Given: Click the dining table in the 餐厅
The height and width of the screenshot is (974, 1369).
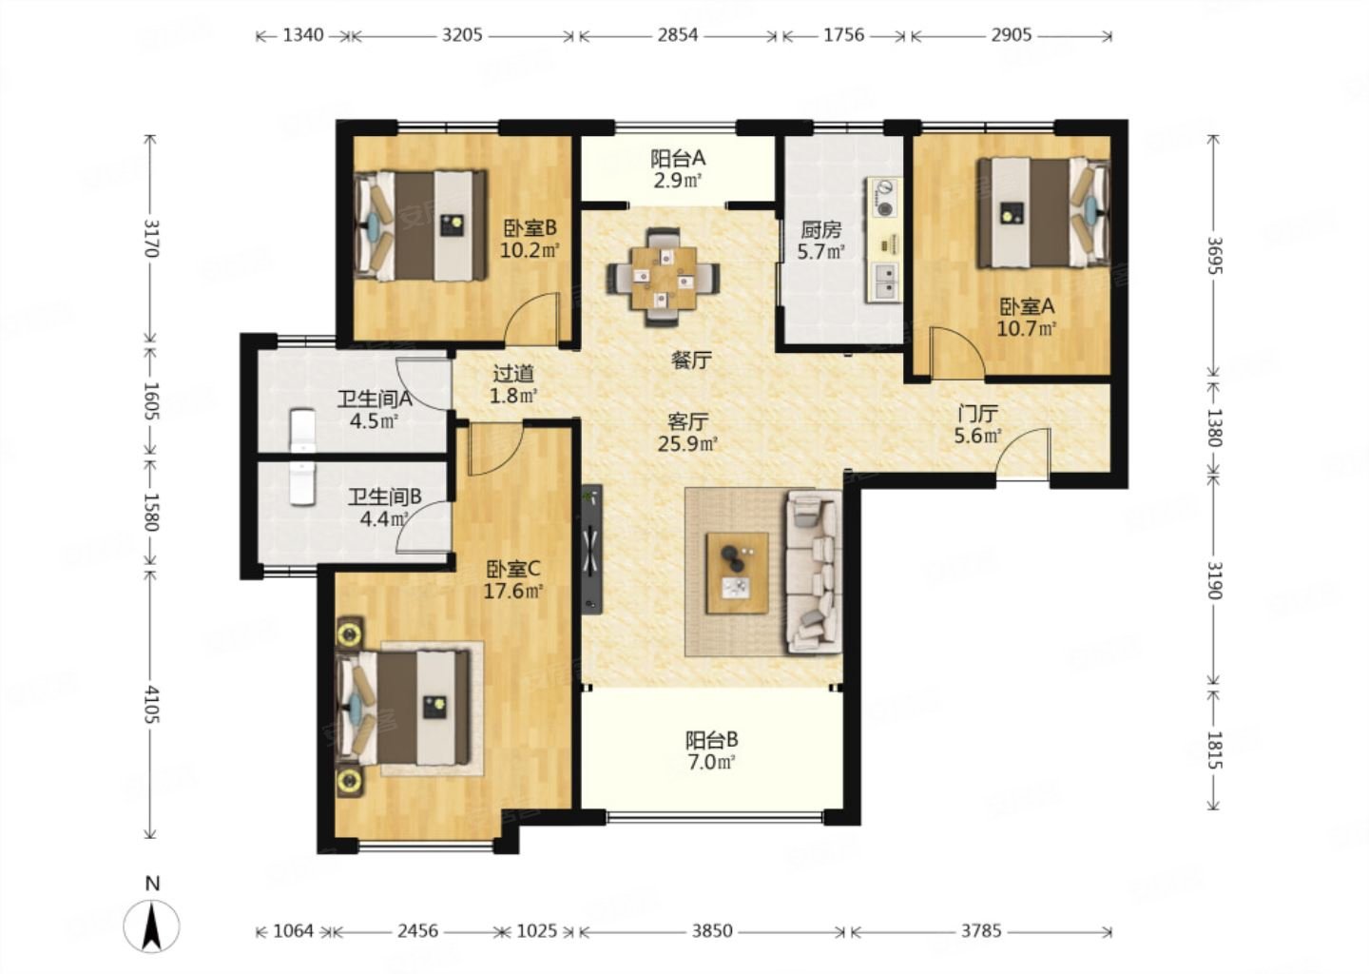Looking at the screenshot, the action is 664,278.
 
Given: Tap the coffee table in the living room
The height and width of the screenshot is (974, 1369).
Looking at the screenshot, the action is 737,573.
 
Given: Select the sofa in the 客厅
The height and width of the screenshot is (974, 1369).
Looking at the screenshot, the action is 814,572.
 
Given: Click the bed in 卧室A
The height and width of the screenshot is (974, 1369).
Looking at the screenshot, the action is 1043,213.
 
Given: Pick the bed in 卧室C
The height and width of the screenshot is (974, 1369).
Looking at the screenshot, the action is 403,708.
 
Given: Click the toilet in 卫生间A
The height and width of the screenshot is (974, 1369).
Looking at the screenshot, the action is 302,431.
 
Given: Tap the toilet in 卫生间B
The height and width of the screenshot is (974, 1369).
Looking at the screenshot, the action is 302,483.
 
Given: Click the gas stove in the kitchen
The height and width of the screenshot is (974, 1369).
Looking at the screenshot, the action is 884,198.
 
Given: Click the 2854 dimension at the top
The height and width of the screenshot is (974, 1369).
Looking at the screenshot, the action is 678,35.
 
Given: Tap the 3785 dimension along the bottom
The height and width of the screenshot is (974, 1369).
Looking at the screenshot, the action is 981,931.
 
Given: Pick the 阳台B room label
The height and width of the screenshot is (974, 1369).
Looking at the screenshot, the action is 711,740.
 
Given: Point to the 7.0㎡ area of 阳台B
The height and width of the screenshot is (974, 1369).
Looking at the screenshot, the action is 711,763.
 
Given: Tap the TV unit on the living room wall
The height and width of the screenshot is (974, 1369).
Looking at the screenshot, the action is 591,549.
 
